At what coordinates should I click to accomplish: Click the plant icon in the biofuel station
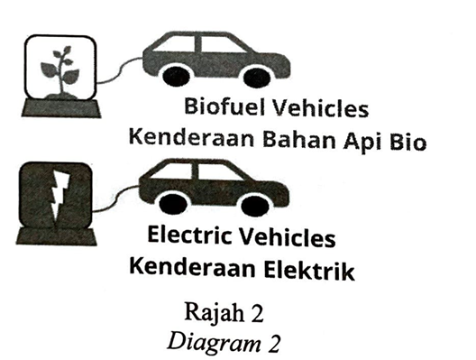pyautogui.click(x=60, y=72)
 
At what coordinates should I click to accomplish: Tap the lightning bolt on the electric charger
pyautogui.click(x=59, y=198)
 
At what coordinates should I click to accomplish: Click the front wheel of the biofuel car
pyautogui.click(x=257, y=78)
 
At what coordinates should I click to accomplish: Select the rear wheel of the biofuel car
pyautogui.click(x=177, y=77)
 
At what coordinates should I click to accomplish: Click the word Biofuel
pyautogui.click(x=225, y=106)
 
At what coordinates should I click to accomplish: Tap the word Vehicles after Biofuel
pyautogui.click(x=320, y=108)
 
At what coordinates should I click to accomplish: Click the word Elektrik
pyautogui.click(x=309, y=270)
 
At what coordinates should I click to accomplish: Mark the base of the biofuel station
pyautogui.click(x=61, y=108)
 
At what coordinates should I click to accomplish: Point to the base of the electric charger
pyautogui.click(x=57, y=236)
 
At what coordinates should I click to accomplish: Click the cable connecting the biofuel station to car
pyautogui.click(x=120, y=69)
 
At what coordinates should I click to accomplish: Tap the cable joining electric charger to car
pyautogui.click(x=115, y=198)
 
